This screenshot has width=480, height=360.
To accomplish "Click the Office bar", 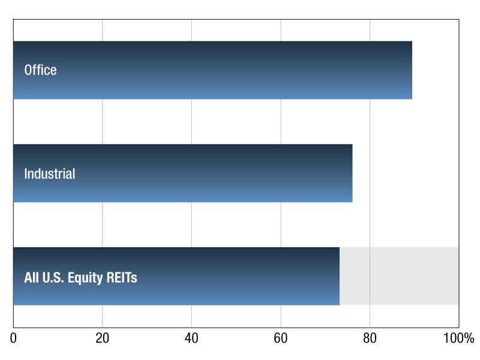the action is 213,70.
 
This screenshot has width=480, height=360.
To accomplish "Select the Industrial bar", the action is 183,173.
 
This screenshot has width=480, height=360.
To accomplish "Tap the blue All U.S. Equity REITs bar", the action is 176,276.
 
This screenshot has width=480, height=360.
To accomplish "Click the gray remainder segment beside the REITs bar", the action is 399,276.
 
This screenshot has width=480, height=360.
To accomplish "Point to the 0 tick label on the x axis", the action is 13,338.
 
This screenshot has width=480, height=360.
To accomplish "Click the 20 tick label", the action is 102,338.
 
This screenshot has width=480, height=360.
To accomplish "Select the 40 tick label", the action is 191,338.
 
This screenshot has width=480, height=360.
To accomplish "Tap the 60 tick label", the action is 280,338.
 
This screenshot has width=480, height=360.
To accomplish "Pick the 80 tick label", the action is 370,338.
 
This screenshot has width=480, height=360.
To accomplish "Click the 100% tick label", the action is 458,338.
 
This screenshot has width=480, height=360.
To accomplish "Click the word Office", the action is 40,70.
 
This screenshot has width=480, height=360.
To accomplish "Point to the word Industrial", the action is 50,173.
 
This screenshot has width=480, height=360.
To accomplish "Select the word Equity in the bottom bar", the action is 85,278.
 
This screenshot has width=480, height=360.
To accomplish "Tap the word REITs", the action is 122,277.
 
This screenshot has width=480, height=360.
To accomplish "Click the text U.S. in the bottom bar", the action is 53,277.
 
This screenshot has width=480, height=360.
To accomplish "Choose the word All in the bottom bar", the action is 32,277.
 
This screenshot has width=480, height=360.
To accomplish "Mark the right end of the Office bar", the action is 412,70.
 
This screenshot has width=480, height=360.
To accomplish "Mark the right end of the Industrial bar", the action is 352,173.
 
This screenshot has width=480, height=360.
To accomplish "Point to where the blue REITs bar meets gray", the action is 340,276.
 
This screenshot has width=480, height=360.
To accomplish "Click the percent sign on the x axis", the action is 469,338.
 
